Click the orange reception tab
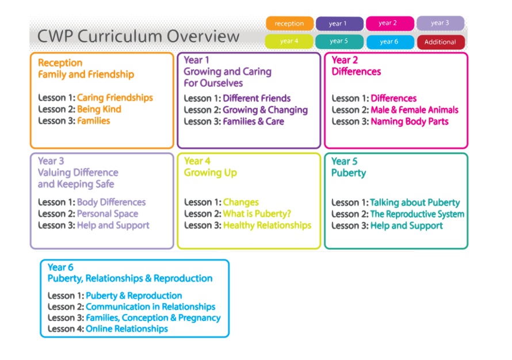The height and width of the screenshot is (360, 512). [x=289, y=24]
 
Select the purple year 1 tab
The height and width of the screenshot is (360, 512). [x=339, y=24]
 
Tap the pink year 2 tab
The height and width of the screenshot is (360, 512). [x=390, y=23]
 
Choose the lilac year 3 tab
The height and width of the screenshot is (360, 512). [x=440, y=23]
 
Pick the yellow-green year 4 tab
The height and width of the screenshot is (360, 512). [x=289, y=41]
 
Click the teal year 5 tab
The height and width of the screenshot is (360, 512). [x=339, y=41]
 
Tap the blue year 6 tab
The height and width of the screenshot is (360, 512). [x=390, y=42]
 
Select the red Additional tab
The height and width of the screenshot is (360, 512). [x=441, y=42]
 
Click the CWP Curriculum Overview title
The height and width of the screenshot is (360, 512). [x=139, y=36]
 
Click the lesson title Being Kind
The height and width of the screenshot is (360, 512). [x=100, y=109]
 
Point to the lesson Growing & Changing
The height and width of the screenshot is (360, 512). [x=265, y=110]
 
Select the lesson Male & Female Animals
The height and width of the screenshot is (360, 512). [x=414, y=110]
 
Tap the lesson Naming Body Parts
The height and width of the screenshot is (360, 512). [x=410, y=122]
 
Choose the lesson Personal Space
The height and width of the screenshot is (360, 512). [x=108, y=214]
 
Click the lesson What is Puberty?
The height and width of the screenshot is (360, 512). [x=257, y=214]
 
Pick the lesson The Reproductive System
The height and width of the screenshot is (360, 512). [x=417, y=214]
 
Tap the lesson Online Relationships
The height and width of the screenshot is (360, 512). [x=127, y=329]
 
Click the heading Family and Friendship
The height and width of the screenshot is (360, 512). [x=86, y=75]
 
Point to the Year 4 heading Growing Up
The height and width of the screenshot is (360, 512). [x=211, y=173]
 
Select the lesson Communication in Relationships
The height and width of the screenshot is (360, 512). [x=151, y=307]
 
